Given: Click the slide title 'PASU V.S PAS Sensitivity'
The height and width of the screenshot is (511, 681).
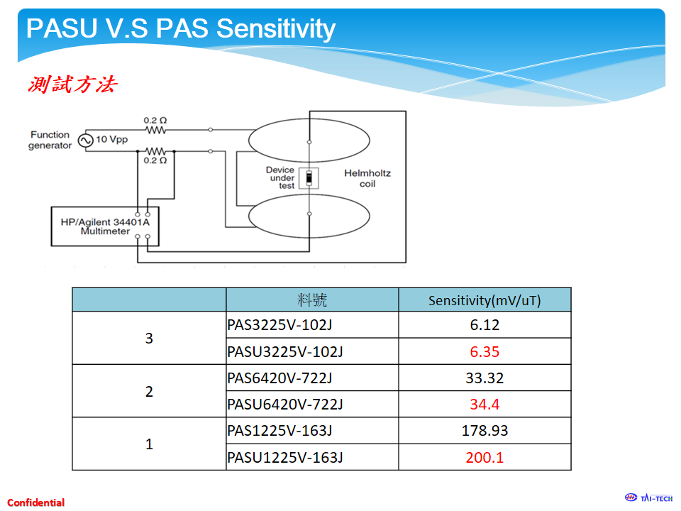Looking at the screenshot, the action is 181,28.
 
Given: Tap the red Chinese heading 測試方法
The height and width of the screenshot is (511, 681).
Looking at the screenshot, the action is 72,84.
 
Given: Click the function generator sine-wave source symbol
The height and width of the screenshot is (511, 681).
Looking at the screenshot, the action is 86,141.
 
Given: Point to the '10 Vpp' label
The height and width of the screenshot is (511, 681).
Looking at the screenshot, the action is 111,140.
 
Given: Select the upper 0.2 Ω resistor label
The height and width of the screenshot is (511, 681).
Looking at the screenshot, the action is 155,121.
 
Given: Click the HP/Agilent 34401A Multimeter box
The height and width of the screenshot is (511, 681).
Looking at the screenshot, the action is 105,226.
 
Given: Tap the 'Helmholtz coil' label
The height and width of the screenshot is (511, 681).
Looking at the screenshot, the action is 367,178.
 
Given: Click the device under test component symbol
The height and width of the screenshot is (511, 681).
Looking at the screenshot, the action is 309,178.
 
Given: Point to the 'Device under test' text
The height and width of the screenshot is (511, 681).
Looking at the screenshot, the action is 281,177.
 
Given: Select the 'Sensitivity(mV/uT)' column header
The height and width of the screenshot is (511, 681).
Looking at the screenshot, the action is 485,300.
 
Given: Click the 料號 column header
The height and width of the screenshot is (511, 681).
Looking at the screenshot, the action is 312,300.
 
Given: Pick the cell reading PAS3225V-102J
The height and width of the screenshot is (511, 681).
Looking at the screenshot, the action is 279,325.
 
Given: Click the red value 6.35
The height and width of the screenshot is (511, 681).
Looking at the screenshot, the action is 485,351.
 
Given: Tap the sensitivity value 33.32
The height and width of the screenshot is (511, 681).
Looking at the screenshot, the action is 485,378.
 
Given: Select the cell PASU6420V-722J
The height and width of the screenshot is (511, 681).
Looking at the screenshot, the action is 285,405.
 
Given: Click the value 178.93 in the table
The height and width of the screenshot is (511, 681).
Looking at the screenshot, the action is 485,431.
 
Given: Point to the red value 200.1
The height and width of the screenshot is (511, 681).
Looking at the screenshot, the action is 485,458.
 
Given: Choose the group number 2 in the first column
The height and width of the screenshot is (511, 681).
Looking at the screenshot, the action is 149,392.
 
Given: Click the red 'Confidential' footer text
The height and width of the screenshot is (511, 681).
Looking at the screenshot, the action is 36,502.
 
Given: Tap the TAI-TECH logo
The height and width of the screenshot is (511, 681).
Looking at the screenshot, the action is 648,498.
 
